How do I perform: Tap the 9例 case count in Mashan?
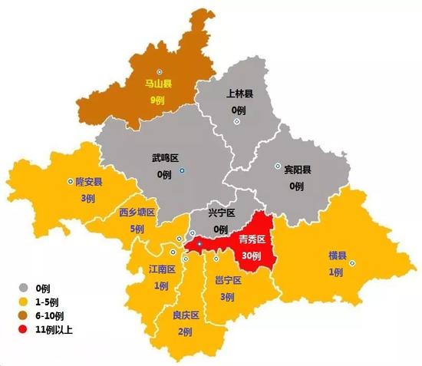[158, 101]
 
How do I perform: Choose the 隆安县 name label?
[89, 183]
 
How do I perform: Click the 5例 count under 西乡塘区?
[137, 229]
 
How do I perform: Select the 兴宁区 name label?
[221, 214]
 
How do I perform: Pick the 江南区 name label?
[163, 270]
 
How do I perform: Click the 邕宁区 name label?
[228, 281]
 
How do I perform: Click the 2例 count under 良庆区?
[185, 331]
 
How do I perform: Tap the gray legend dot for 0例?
[24, 288]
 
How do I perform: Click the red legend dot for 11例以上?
[24, 329]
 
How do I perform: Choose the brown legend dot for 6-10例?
[24, 315]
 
